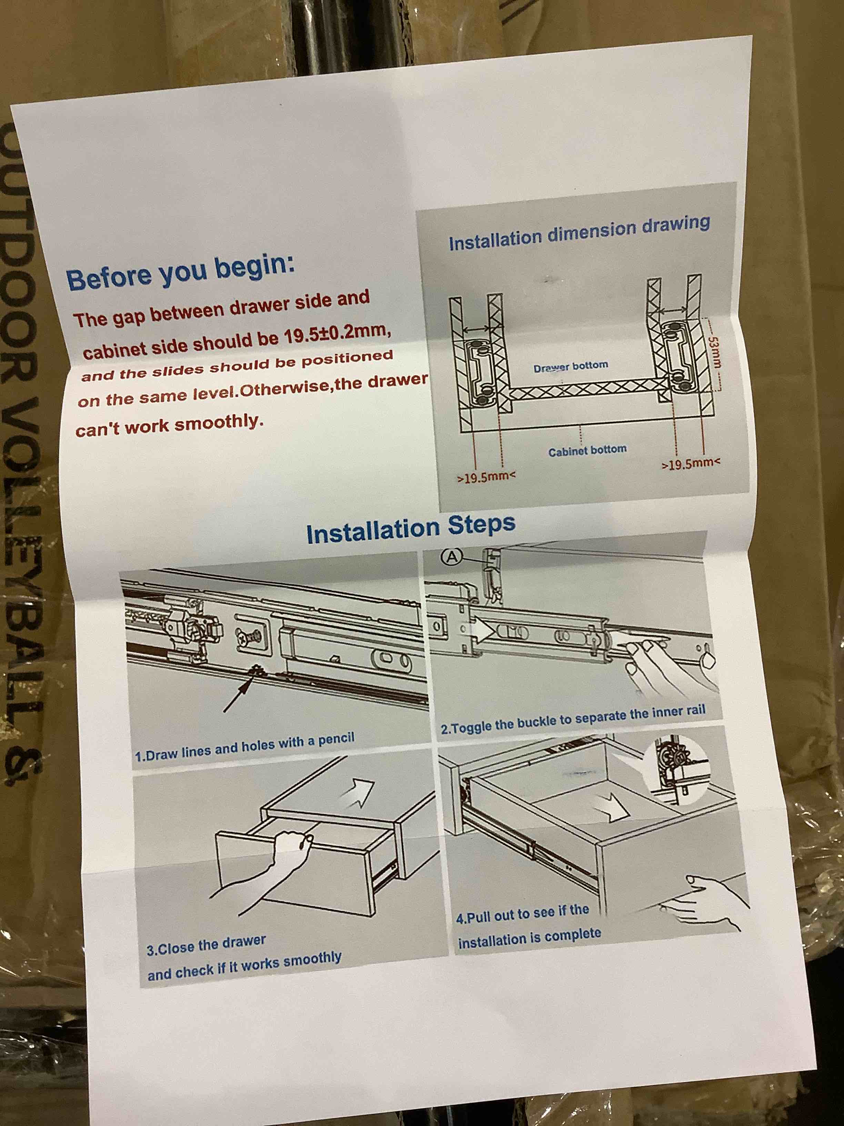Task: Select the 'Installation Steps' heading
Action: coord(411,529)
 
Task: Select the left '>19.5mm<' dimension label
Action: coord(487,477)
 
